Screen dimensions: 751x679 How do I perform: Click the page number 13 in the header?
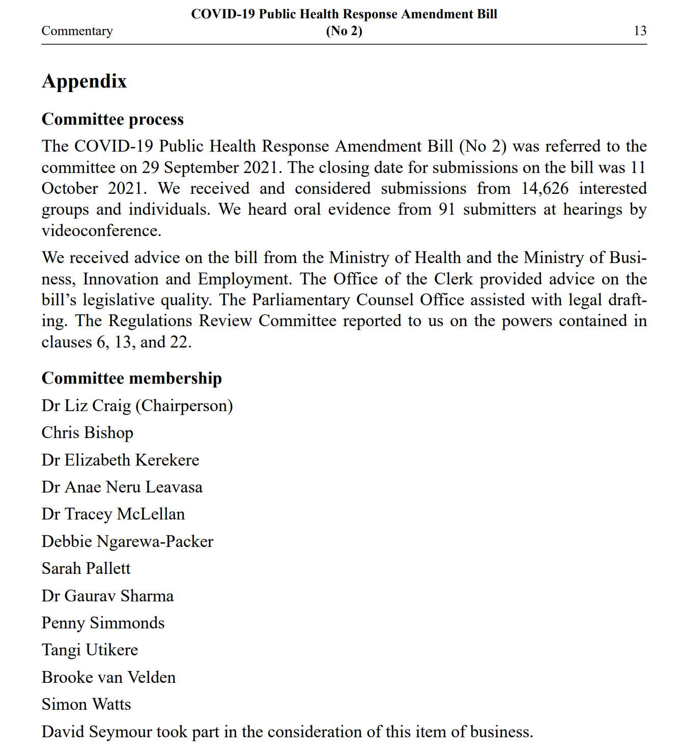point(640,31)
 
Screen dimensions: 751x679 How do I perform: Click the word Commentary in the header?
point(77,31)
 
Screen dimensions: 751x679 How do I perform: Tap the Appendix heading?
point(84,81)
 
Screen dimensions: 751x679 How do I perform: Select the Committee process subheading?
point(112,119)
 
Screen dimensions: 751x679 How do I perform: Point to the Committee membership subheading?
point(131,378)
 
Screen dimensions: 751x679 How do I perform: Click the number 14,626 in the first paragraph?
point(544,188)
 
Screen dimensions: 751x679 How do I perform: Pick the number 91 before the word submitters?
point(446,210)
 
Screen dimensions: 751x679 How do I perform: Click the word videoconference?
point(101,231)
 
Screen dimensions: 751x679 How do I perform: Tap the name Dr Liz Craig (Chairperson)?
point(137,406)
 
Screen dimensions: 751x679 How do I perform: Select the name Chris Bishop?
point(87,432)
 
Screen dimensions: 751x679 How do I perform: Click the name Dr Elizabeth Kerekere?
point(120,460)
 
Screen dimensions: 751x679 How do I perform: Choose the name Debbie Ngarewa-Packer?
point(127,541)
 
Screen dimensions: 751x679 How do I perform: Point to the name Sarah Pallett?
point(86,568)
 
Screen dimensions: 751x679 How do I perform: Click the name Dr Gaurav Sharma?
point(107,596)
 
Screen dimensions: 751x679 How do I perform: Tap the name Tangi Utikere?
point(90,650)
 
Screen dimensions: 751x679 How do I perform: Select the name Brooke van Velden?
point(108,677)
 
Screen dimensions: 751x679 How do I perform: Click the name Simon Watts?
point(86,704)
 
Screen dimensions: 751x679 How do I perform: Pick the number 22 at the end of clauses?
point(179,342)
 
